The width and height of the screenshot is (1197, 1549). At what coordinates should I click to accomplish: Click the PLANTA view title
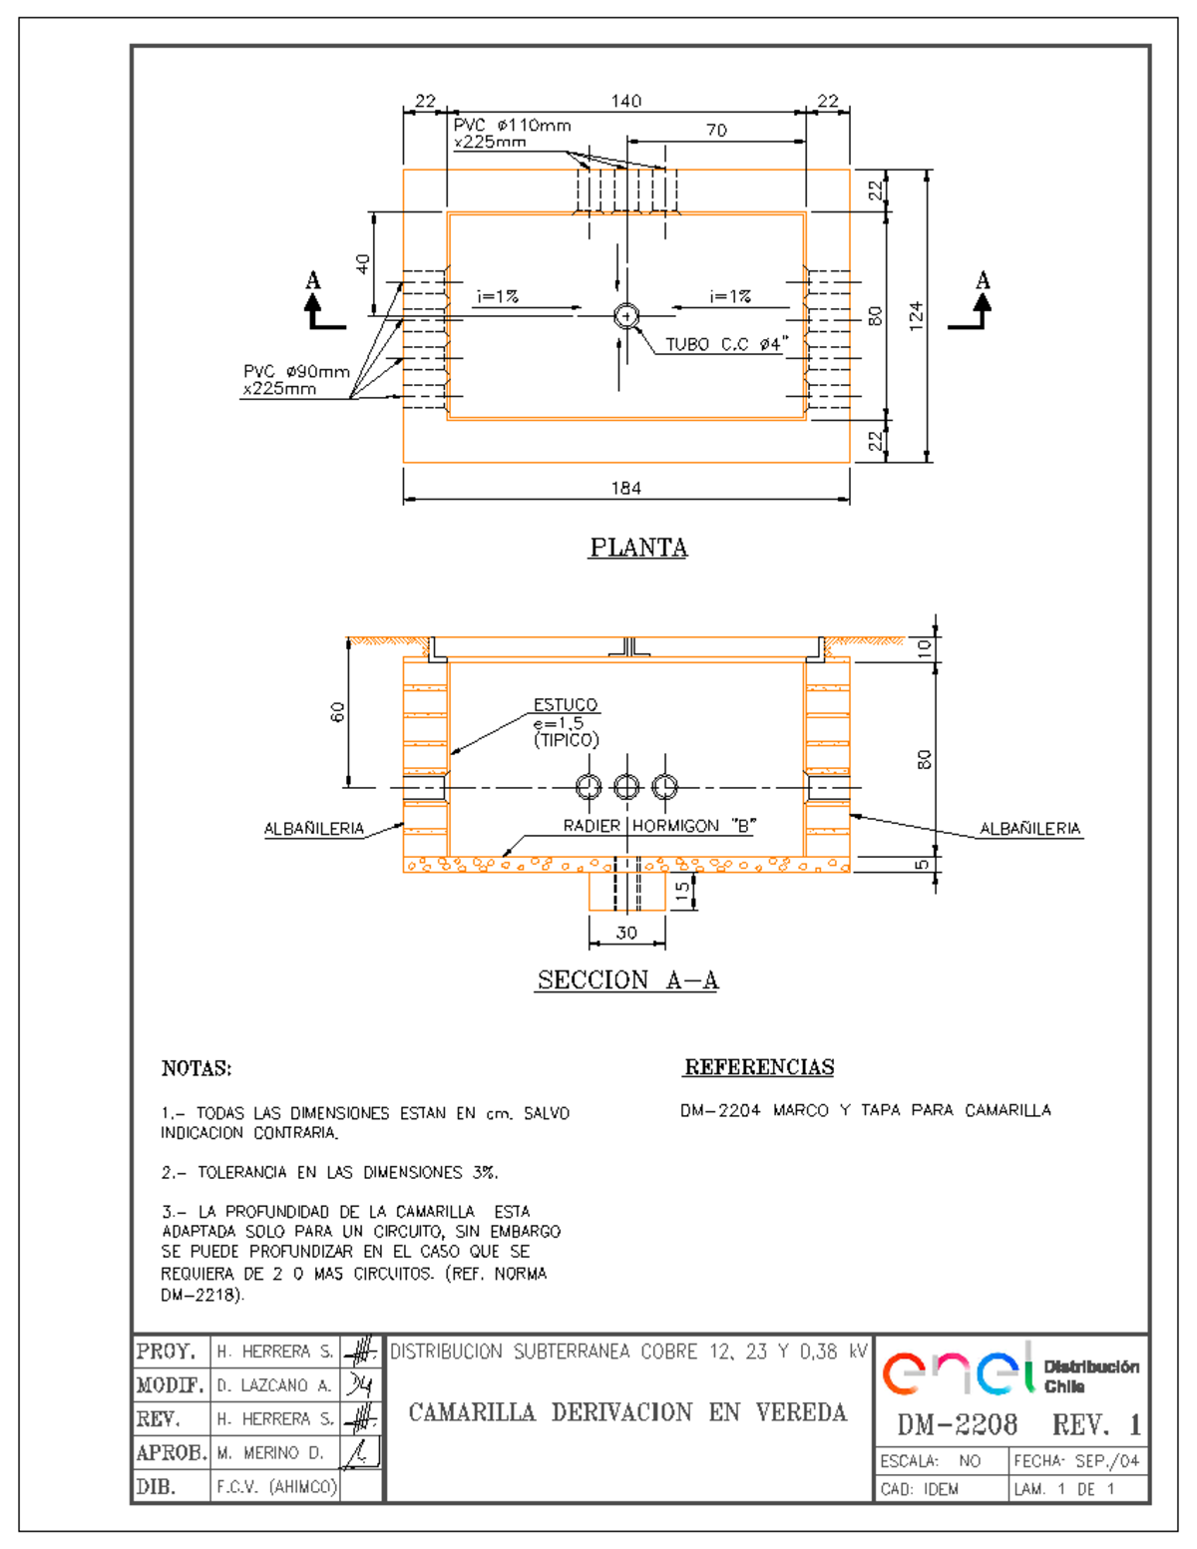638,548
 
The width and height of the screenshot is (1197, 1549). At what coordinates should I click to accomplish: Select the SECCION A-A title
627,980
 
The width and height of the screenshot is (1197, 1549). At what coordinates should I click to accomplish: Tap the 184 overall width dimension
625,488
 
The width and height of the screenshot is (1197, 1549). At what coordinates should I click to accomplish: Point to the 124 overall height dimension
916,315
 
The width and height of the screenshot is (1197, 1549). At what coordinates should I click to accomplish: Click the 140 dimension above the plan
625,101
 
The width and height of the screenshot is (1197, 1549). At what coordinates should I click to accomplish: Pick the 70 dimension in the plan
716,130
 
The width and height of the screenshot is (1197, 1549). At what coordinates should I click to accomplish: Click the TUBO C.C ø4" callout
726,344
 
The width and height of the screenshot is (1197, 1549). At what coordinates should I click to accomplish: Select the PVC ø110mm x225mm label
512,134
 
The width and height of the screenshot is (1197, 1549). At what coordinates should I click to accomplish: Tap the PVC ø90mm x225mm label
296,380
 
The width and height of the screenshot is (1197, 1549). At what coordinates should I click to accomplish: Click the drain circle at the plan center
626,316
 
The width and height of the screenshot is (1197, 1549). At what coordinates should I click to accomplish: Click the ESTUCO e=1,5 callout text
566,722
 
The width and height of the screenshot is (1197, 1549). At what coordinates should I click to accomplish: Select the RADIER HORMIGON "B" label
659,826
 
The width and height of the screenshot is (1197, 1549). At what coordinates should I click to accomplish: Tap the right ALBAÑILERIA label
1029,828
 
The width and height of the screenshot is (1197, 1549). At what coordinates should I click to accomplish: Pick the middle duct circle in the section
626,787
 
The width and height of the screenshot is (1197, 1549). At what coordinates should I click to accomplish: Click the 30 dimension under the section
626,933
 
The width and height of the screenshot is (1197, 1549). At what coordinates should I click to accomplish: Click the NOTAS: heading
197,1068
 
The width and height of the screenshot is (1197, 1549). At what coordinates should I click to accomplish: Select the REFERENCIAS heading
759,1067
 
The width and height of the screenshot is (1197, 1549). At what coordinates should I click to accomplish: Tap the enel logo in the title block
958,1370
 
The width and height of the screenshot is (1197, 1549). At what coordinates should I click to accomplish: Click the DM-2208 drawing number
957,1424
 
